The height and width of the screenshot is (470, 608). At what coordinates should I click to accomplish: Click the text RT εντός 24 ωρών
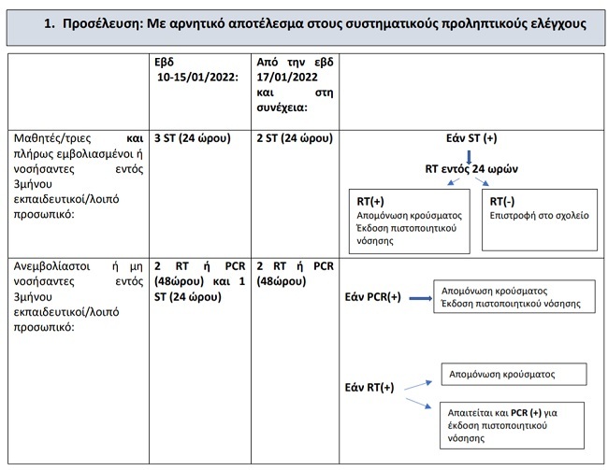click(472, 170)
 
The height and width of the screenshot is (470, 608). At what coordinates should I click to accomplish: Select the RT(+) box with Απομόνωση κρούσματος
click(411, 221)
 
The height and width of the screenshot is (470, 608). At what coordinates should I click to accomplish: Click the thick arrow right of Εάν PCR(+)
click(417, 298)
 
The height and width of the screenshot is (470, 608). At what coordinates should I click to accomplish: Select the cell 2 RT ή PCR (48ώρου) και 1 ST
click(197, 281)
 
